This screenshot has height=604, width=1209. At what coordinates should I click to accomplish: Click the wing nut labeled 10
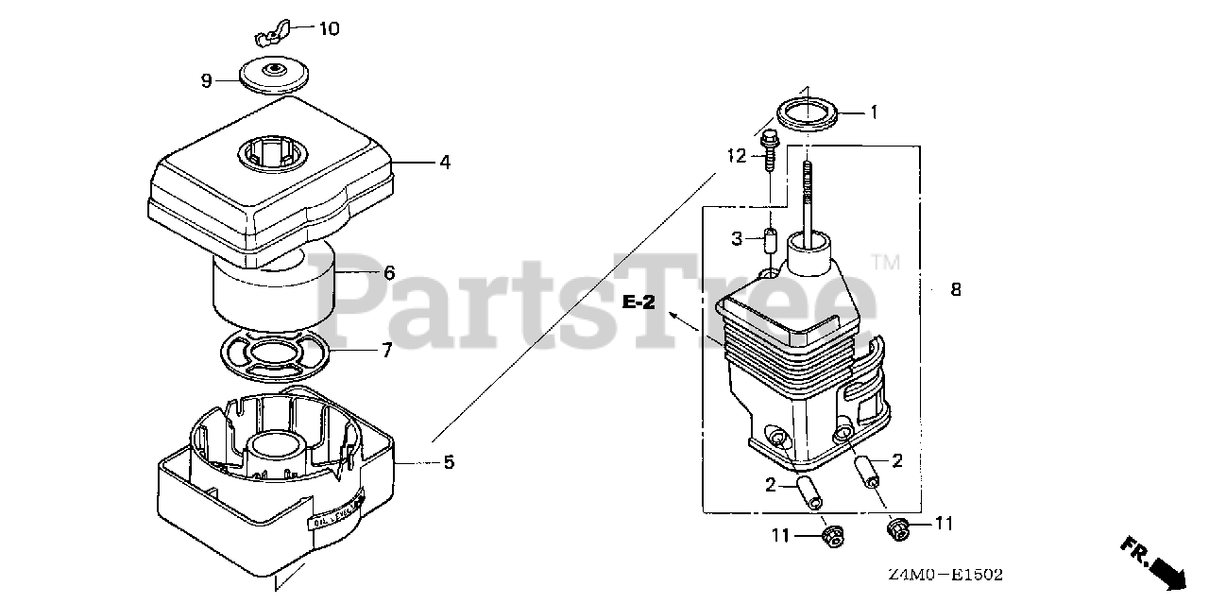click(x=273, y=36)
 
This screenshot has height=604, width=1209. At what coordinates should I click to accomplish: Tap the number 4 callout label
click(x=444, y=163)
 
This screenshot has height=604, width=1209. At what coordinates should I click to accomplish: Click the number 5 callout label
click(x=449, y=462)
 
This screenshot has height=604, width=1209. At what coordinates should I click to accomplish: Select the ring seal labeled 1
click(x=808, y=112)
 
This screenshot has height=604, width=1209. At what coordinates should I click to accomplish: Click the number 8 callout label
click(x=956, y=290)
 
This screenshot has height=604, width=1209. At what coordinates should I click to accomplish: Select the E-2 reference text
click(x=639, y=302)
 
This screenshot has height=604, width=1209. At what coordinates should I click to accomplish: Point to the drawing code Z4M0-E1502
click(x=945, y=574)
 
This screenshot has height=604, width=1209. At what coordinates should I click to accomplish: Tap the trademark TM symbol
click(x=885, y=261)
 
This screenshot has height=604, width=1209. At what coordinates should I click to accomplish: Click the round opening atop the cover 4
click(x=275, y=152)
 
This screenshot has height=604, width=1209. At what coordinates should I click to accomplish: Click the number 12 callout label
click(x=737, y=154)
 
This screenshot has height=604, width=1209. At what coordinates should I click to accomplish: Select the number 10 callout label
click(x=328, y=28)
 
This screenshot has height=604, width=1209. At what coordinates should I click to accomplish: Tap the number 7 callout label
click(x=386, y=351)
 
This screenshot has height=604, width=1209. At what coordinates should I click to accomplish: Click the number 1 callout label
click(x=874, y=112)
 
